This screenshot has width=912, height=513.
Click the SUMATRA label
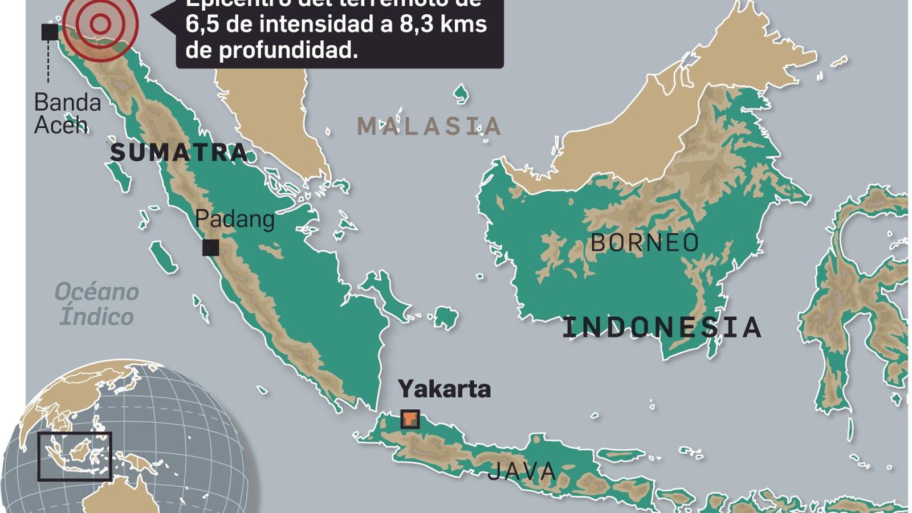[x=178, y=152]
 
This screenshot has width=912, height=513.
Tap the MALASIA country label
[x=429, y=126]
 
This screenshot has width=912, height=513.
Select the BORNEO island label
[x=645, y=243]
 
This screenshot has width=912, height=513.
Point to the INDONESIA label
[x=662, y=327]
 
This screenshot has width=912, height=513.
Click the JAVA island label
[x=522, y=471]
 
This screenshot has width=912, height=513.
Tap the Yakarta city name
[x=444, y=389]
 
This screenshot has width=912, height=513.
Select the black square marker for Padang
[x=210, y=248]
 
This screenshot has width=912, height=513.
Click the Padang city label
[x=235, y=219]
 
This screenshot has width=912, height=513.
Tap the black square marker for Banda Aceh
[x=50, y=32]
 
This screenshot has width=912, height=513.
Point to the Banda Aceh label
[x=67, y=113]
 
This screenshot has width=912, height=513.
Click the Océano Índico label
[x=97, y=304]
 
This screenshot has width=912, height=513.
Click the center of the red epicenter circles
[x=100, y=24]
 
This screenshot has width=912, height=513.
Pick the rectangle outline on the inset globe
[x=75, y=456]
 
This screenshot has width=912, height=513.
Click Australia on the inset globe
[x=120, y=496]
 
